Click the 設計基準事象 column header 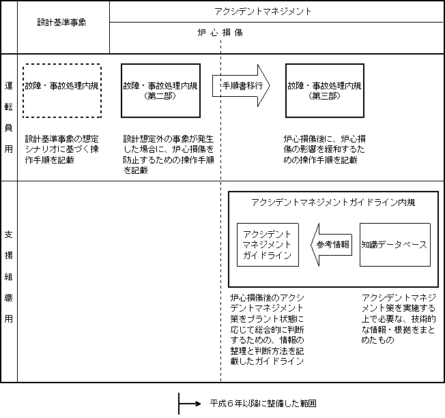pos(62,22)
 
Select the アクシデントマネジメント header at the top pos(263,12)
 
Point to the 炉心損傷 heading pos(220,33)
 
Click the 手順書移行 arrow pos(241,86)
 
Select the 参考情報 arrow pos(332,245)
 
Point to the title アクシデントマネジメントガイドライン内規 pos(333,203)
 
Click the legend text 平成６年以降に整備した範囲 pos(263,403)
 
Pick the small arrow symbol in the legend pos(190,404)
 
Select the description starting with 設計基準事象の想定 pos(62,149)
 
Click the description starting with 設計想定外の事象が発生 pos(169,155)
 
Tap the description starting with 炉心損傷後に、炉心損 pos(324,149)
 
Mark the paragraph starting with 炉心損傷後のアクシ pos(267,329)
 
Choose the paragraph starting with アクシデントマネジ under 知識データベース pos(399,318)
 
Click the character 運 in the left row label pos(8,86)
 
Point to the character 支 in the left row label pos(8,235)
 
